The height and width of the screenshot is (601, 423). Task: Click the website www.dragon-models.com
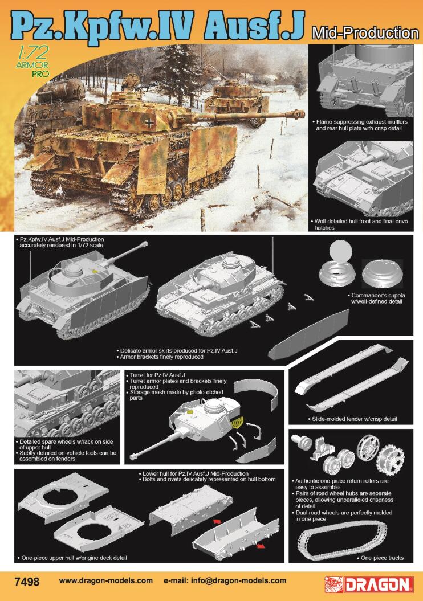tap(106, 581)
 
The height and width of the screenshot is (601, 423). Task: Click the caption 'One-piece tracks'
tap(383, 558)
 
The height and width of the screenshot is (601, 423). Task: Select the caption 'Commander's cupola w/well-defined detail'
tap(377, 299)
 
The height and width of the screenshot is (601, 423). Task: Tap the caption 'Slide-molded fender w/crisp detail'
tap(354, 419)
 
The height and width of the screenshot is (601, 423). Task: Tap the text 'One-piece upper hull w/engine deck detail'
tap(74, 557)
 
